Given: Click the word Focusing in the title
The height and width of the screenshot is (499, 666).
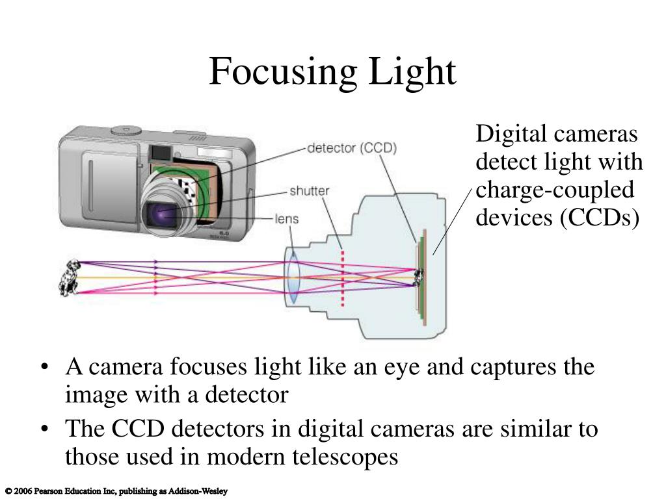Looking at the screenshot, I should pos(281,73).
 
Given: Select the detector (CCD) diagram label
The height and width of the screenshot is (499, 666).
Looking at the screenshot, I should pos(352,148).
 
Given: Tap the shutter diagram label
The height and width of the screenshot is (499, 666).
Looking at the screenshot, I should pos(309,191).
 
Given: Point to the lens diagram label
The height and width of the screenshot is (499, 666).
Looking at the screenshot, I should pos(286,219).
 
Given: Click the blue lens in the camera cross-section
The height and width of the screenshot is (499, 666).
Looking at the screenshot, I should pos(291,277).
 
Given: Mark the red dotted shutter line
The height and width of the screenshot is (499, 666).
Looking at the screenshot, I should pos(342,277).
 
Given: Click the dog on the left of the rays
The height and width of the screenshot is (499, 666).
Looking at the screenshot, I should pos(70,278).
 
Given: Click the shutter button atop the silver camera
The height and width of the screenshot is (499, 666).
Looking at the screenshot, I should pos(126,130).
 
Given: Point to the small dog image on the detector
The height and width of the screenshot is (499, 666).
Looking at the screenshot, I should pos(418,278).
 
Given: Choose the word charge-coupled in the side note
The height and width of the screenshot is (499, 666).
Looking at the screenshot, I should pos(555,190).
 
